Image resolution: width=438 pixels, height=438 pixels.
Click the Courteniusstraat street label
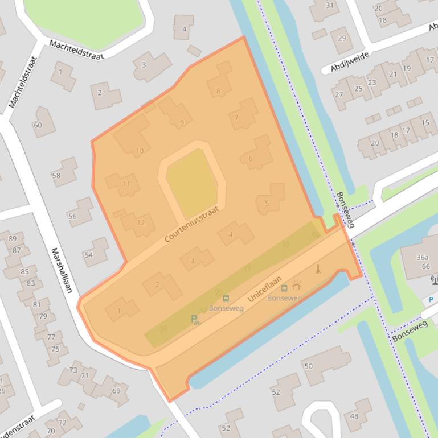pyautogui.click(x=191, y=224)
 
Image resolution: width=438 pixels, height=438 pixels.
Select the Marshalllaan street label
pyautogui.click(x=62, y=270)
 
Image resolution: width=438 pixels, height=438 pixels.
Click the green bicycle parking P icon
pyautogui.click(x=195, y=320)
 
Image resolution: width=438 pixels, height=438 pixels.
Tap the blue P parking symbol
pyautogui.click(x=431, y=300)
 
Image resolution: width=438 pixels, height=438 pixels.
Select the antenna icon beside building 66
pyautogui.click(x=433, y=279)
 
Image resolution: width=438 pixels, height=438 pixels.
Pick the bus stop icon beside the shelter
pyautogui.click(x=284, y=288)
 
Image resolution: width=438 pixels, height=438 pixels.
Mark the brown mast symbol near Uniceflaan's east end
pyautogui.click(x=318, y=268)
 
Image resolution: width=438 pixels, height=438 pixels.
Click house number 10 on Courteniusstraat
pyautogui.click(x=140, y=151)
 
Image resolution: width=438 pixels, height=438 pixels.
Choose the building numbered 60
pyautogui.click(x=38, y=125)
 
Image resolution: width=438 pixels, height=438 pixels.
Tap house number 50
pyautogui.click(x=308, y=366)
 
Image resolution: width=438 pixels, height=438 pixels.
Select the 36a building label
pyautogui.click(x=422, y=257)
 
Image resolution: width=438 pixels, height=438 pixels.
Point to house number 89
pyautogui.click(x=13, y=238)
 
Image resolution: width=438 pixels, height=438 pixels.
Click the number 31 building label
pyautogui.click(x=329, y=6)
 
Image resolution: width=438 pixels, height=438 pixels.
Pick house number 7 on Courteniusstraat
pyautogui.click(x=236, y=118)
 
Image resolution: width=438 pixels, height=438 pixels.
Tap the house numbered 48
pyautogui.click(x=354, y=416)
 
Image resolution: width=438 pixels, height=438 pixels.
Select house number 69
pyautogui.click(x=116, y=390)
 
